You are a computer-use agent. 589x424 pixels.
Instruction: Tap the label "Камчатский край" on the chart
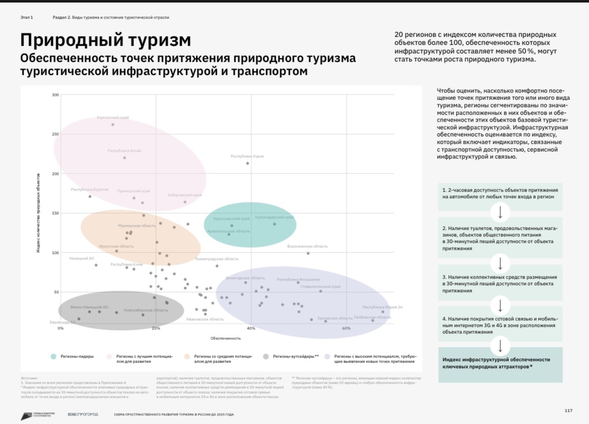[x=113, y=118]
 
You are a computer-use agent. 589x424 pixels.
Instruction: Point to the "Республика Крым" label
[x=247, y=156]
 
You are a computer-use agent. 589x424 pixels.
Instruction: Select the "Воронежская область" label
[x=307, y=246]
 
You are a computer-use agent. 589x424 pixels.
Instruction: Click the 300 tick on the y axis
[x=55, y=95]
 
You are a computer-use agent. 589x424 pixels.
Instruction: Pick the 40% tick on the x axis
[x=251, y=328]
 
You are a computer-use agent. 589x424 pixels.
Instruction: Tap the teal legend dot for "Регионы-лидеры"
[x=53, y=356]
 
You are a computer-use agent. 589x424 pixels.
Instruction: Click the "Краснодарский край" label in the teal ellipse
[x=274, y=217]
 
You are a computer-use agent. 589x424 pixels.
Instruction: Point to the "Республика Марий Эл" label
[x=383, y=307]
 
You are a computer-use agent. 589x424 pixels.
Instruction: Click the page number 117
[x=568, y=411]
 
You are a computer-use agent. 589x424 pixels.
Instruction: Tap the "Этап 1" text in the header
[x=27, y=17]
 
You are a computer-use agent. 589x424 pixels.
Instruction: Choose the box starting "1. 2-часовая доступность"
[x=500, y=193]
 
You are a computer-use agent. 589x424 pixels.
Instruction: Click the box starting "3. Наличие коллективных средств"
[x=500, y=284]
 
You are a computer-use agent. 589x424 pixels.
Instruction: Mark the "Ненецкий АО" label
[x=82, y=259]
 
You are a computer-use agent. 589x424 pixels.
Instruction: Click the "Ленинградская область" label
[x=216, y=259]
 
